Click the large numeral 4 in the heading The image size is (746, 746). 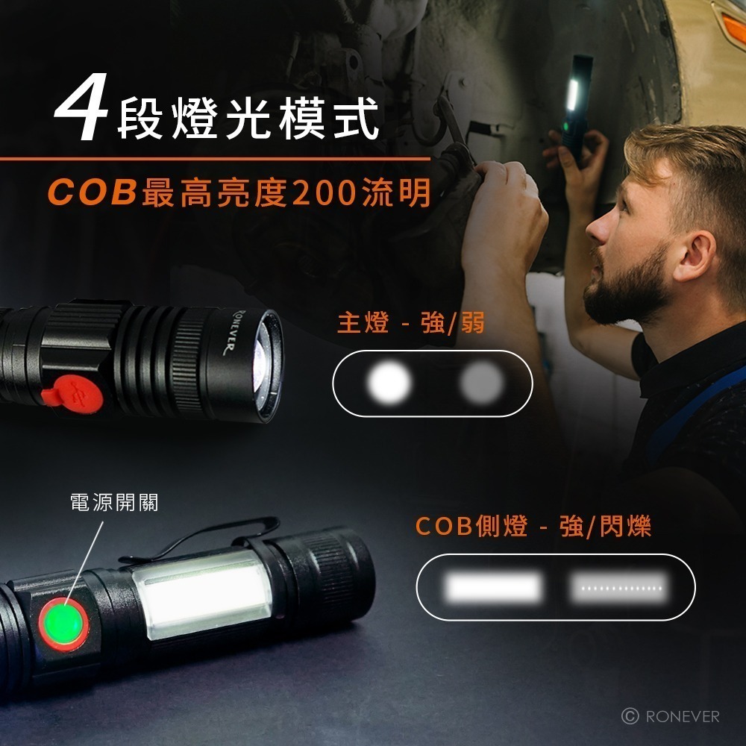click(x=81, y=114)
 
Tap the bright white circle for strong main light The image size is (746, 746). click(x=389, y=383)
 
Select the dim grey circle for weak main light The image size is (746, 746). click(x=481, y=383)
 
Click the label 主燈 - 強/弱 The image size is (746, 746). click(x=411, y=323)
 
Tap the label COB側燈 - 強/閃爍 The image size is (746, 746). click(x=533, y=527)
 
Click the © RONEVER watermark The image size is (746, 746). click(x=671, y=716)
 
